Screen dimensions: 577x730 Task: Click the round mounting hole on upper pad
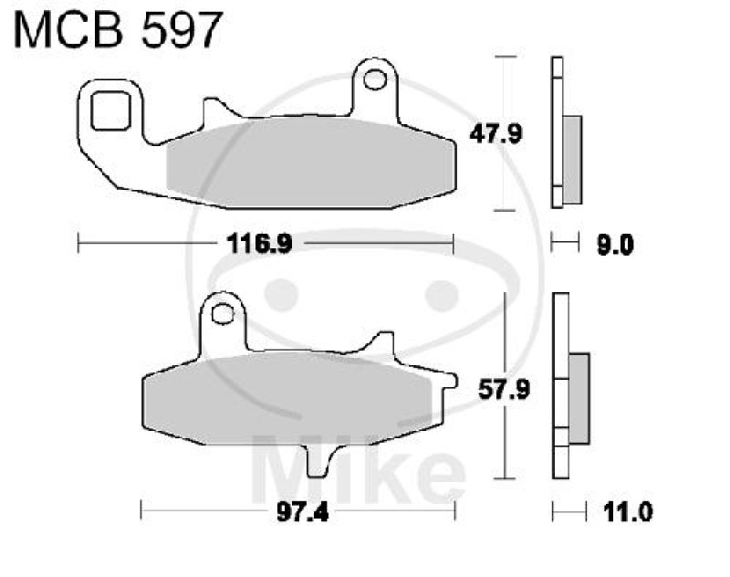[374, 80]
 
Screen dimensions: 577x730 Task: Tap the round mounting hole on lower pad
[221, 315]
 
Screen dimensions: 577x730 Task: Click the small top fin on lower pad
[374, 345]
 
